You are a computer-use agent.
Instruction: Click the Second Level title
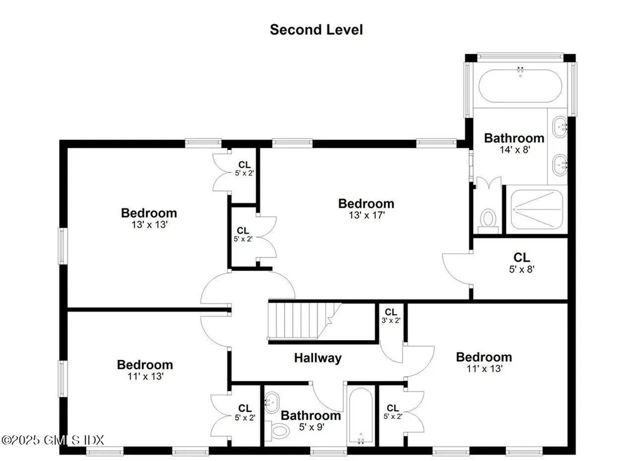point(316,29)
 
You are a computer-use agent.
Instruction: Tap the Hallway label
point(317,358)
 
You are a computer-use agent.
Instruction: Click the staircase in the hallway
point(304,320)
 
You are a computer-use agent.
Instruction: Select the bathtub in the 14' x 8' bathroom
point(520,85)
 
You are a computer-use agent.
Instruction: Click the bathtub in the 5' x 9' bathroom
point(360,416)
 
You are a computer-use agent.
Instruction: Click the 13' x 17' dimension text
point(365,216)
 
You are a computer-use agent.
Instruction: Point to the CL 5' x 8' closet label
point(521,263)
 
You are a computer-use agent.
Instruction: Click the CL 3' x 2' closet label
point(391,316)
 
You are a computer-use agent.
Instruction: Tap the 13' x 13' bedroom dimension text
point(149,226)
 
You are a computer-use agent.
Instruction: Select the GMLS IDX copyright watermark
point(53,439)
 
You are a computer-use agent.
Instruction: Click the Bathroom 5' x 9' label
point(311,421)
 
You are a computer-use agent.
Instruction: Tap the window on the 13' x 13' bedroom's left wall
point(62,246)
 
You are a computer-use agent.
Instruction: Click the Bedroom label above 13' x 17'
point(365,203)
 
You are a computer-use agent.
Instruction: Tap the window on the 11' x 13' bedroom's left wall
point(62,378)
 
